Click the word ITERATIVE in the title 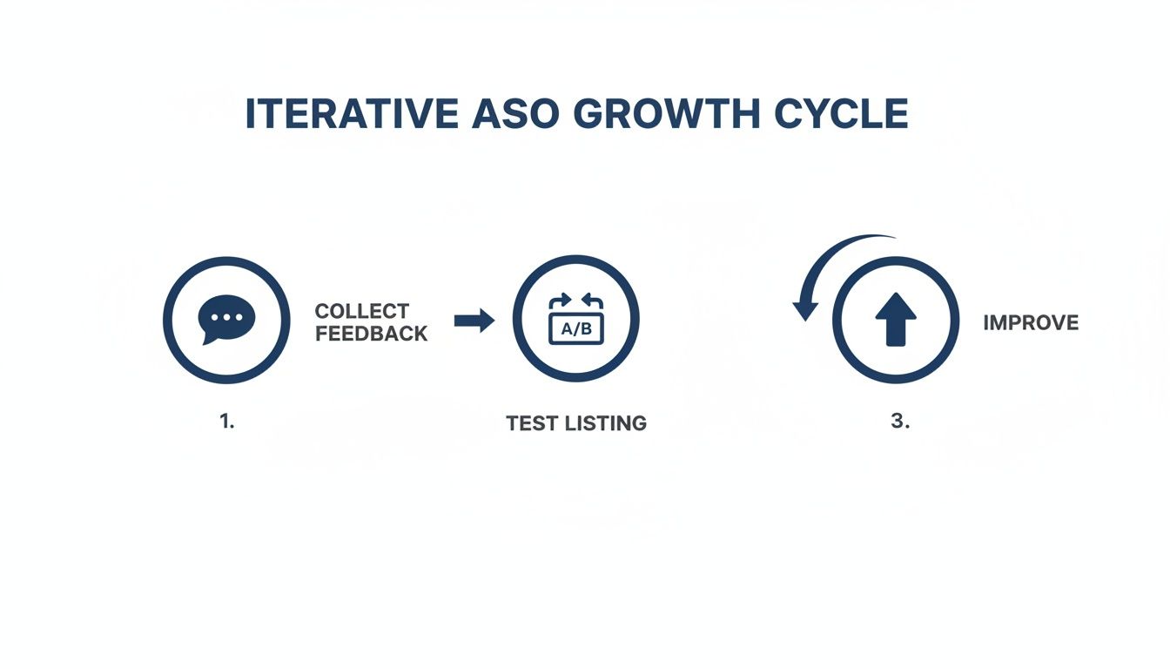click(351, 115)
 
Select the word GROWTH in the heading click(666, 115)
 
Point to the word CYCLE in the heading click(837, 115)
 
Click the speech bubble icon click(226, 320)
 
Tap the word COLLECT click(362, 311)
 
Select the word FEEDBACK click(372, 334)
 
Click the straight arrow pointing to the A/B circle click(474, 321)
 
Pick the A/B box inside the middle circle click(575, 329)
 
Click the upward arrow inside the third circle click(896, 319)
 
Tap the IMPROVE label click(1031, 323)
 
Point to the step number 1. click(226, 421)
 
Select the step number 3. click(899, 421)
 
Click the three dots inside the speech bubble click(227, 317)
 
